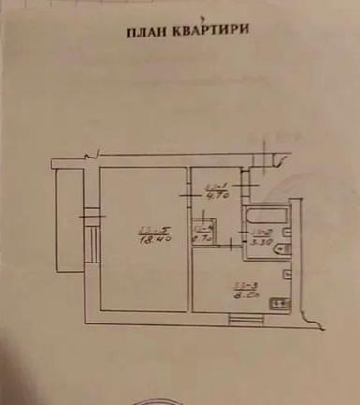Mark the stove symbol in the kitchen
coord(277,302)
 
